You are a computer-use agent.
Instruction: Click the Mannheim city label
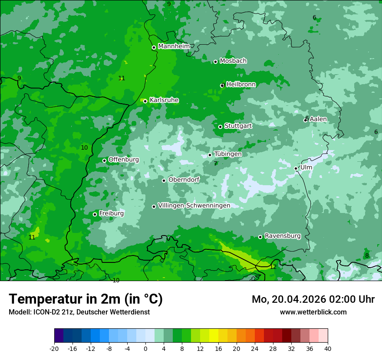174,46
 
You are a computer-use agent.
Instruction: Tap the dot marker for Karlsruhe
145,101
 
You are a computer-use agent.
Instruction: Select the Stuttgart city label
238,126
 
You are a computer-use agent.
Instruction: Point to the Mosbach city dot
215,62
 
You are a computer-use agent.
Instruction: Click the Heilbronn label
241,85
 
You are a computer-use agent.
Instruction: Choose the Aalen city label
318,119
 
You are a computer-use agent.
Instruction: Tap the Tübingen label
228,154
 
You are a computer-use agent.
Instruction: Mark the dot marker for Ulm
296,168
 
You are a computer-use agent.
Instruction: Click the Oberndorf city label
184,180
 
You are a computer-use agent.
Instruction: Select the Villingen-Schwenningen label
194,206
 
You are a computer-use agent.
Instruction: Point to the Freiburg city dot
95,214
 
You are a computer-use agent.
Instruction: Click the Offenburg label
124,160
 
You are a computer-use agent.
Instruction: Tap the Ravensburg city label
283,236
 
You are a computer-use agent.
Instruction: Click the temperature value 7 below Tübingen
215,164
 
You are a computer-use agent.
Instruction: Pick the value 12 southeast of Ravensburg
273,267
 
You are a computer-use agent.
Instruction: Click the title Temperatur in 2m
86,299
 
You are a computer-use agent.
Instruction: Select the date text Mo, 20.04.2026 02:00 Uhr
313,299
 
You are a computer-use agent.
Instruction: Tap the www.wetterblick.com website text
313,312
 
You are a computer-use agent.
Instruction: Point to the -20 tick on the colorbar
54,348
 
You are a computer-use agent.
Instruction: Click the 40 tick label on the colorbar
327,348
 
